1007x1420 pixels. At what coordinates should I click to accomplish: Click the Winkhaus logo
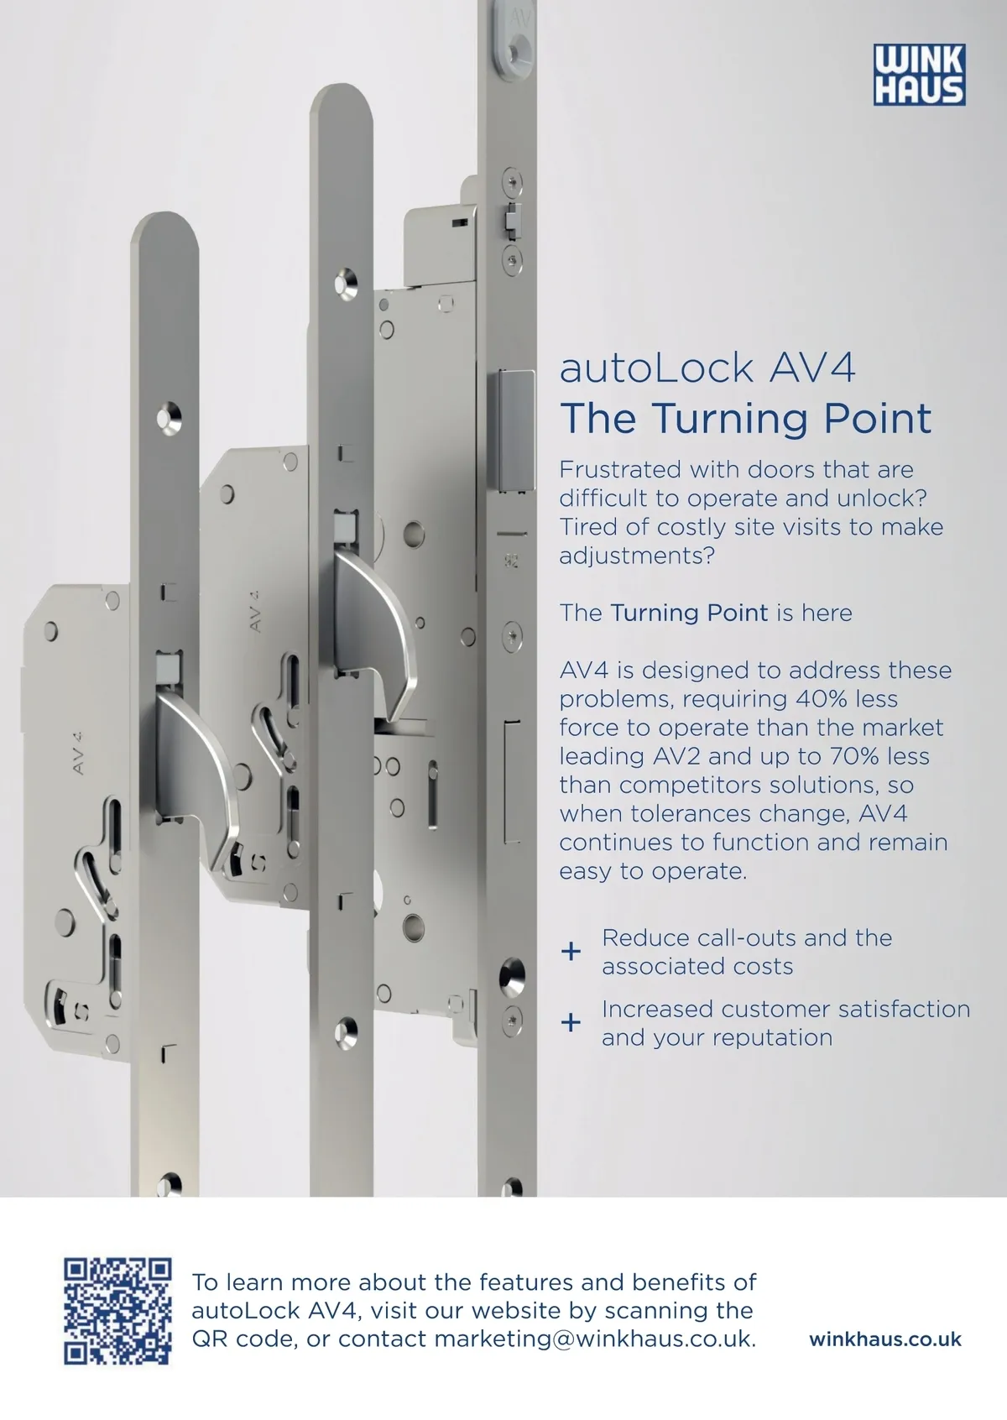919,74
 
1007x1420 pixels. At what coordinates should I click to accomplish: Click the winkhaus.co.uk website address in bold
885,1339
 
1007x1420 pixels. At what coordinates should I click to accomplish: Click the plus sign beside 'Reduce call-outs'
571,951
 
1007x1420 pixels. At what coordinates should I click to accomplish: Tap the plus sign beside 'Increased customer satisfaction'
571,1022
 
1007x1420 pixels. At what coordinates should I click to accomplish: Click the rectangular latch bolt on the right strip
517,431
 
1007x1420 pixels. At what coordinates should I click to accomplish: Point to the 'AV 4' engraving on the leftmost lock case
79,753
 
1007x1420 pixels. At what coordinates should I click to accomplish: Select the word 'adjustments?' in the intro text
637,556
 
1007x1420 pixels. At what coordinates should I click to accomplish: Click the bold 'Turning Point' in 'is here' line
689,613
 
